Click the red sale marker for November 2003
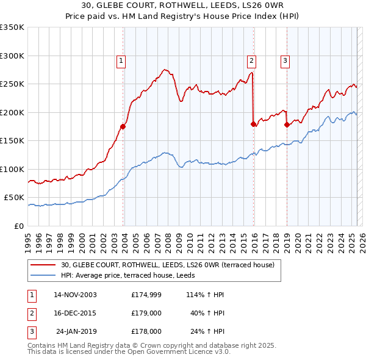coord(123,127)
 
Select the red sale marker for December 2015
coord(254,124)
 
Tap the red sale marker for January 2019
coord(287,124)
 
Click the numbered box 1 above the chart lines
coord(121,60)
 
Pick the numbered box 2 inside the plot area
coord(251,60)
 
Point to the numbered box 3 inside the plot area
coord(285,60)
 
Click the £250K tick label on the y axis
coord(12,84)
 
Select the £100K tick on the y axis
coord(12,169)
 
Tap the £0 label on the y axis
coord(20,226)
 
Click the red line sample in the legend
coord(43,265)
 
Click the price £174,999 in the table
coord(146,294)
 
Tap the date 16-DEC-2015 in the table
coord(75,313)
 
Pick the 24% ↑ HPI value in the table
coord(211,332)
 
